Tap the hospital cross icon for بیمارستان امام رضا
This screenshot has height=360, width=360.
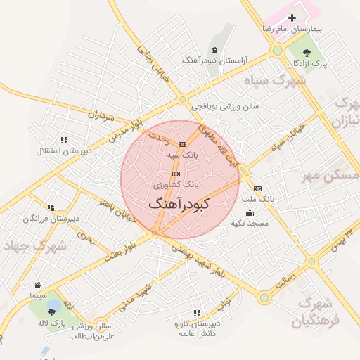(292, 18)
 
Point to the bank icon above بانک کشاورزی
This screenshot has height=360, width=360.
(176, 174)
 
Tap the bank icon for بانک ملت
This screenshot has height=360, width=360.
(257, 188)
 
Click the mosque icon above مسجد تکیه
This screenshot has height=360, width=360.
(250, 212)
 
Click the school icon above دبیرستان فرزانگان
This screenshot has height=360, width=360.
(51, 207)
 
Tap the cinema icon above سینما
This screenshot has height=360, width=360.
(37, 285)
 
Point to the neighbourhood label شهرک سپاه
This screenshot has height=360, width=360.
(276, 80)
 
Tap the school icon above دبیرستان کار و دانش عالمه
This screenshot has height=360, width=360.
(196, 312)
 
